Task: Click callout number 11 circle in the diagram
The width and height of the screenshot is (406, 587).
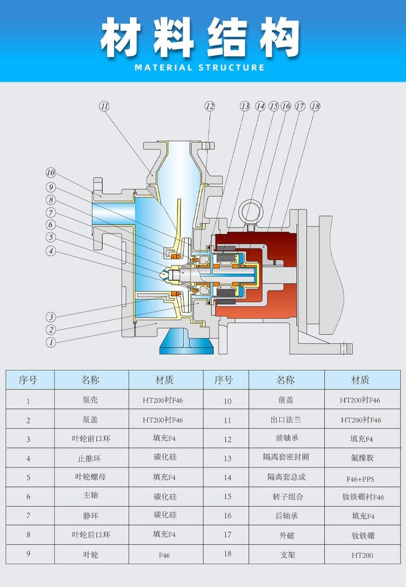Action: tap(104, 106)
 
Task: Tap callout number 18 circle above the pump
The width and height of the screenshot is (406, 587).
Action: tap(315, 107)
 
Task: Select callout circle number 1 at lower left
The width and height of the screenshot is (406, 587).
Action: tap(50, 342)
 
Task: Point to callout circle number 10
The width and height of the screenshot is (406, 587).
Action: tap(50, 173)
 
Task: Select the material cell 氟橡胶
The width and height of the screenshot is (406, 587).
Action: tap(362, 458)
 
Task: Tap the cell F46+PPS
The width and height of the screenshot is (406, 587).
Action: tap(361, 479)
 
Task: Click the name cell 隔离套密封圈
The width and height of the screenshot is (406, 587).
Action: tap(286, 458)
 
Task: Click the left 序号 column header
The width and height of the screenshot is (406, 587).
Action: tap(28, 380)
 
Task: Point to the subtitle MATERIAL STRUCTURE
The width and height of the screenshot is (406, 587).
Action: tap(200, 68)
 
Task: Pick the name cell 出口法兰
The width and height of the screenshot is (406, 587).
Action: tap(285, 420)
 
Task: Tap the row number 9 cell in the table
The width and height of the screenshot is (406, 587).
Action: tap(28, 555)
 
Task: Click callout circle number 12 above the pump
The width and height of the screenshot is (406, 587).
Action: tap(209, 107)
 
